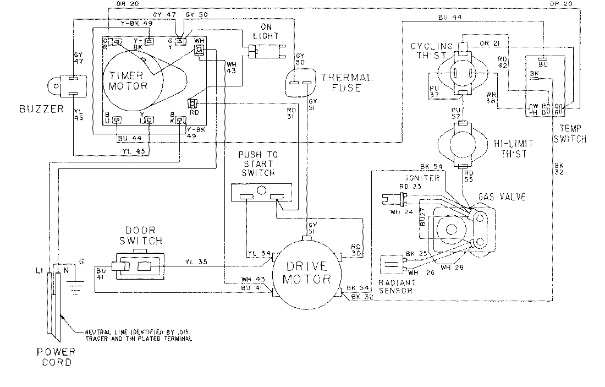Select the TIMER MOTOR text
click(x=128, y=80)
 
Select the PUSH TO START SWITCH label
click(x=257, y=163)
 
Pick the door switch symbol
click(x=137, y=266)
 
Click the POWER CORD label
click(x=54, y=357)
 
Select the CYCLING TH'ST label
click(x=431, y=51)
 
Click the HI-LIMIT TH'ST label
click(x=512, y=149)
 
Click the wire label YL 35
click(x=197, y=262)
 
